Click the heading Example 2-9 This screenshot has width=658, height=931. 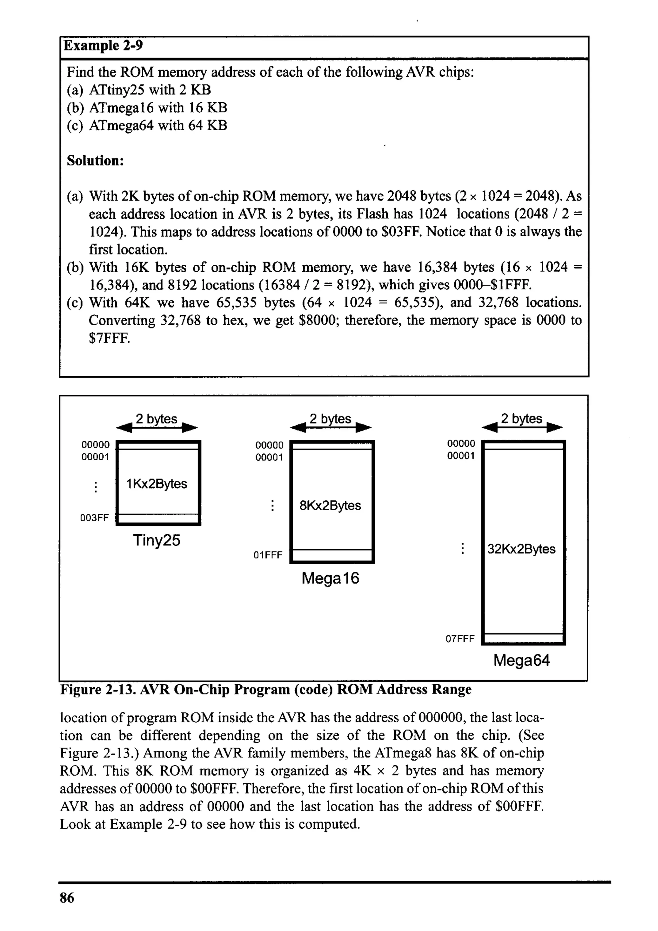pos(103,45)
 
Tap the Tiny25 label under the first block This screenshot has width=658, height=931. pos(156,541)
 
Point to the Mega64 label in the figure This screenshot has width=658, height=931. pos(521,660)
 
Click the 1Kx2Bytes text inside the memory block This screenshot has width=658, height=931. pos(157,484)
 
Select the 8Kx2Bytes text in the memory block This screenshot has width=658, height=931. pos(330,506)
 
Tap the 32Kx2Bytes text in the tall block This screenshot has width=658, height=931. pos(521,549)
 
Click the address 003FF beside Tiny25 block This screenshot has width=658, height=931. pos(94,518)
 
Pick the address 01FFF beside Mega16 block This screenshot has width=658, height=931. pos(268,555)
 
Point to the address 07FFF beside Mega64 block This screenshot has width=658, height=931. pos(460,639)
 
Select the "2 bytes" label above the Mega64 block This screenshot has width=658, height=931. pos(521,418)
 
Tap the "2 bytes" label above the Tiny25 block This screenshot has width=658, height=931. pos(156,419)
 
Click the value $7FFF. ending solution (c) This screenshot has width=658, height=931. pos(110,338)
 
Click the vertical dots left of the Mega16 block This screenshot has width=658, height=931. pos(272,506)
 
